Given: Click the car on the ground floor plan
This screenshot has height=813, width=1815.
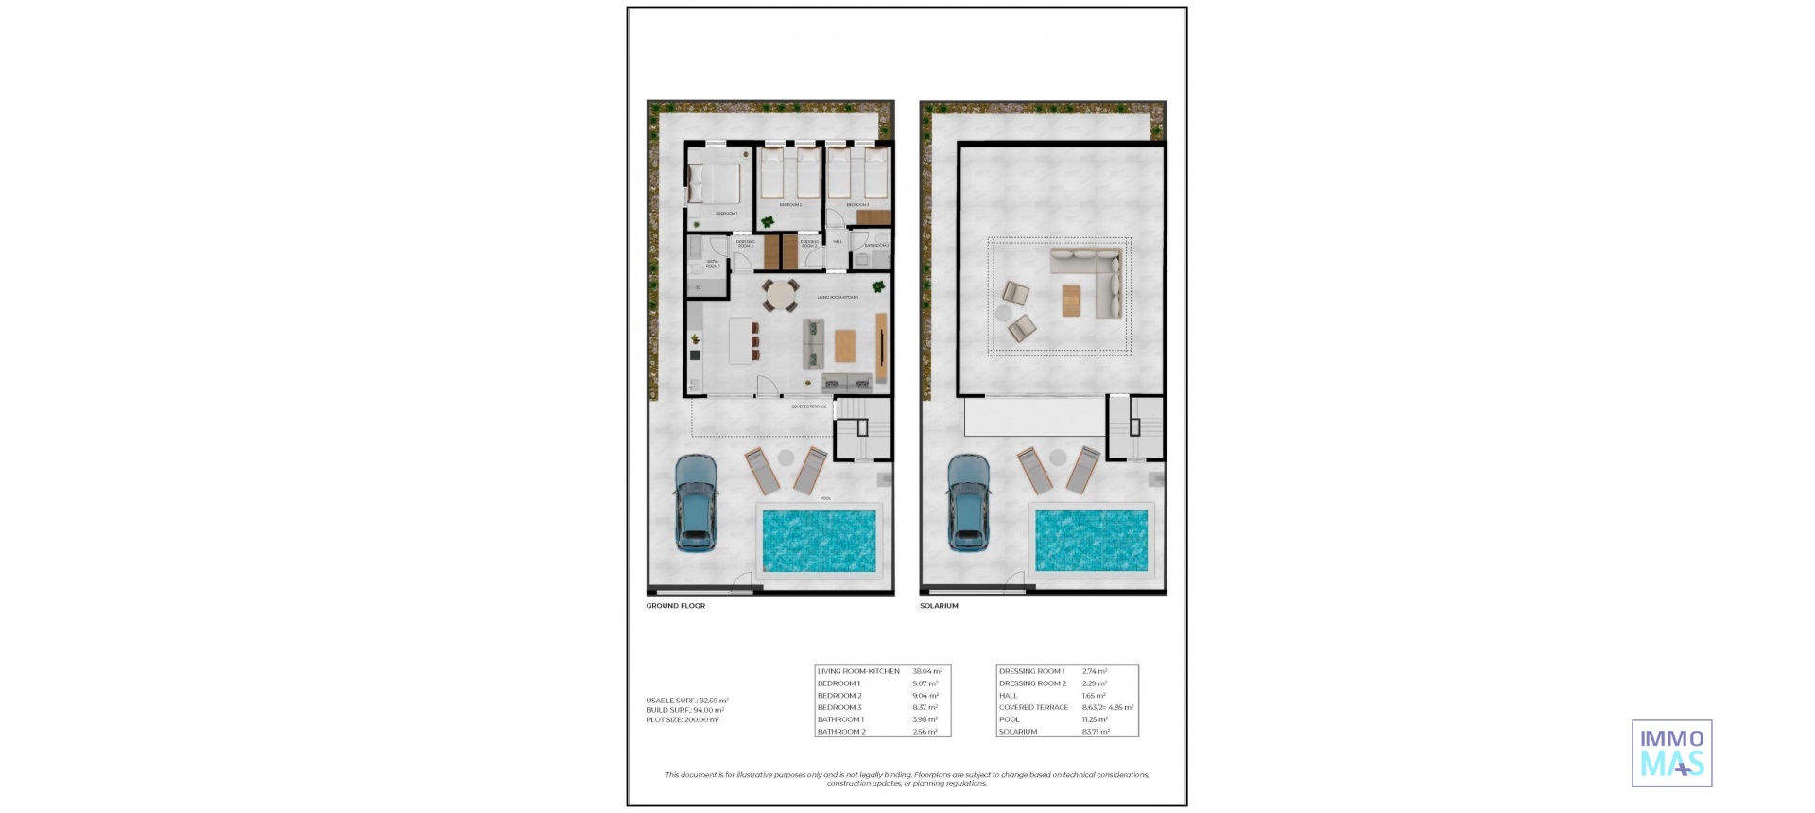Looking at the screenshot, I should coord(696,503).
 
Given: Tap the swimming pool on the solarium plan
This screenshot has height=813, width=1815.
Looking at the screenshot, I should coord(1091,541).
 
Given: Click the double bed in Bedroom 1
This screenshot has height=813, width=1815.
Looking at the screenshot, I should coord(715,183).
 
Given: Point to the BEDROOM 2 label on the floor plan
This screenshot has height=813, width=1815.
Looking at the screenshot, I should coord(790,205).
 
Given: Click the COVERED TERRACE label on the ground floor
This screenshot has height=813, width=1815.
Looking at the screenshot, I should coord(808,407).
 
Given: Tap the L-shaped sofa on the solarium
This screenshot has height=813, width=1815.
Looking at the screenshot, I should coord(1097,280).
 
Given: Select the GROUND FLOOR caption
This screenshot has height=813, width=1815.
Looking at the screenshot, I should coord(675,606).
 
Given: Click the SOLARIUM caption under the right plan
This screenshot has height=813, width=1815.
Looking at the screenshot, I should coord(939,606).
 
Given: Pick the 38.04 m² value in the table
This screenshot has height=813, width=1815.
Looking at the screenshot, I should coord(926,671).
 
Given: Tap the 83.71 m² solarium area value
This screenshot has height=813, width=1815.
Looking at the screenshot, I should coord(1096,732).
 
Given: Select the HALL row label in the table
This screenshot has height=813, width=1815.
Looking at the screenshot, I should coord(1008,696).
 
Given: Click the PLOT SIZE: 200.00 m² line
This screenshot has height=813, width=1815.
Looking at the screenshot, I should coord(682,720).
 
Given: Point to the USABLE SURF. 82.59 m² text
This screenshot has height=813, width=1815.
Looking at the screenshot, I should coord(686,701).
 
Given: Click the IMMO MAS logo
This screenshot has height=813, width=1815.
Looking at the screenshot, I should coord(1671,753).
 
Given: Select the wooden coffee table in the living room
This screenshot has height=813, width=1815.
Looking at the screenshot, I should coord(844,345).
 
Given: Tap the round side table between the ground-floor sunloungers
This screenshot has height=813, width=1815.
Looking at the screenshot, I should coord(786,458).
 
